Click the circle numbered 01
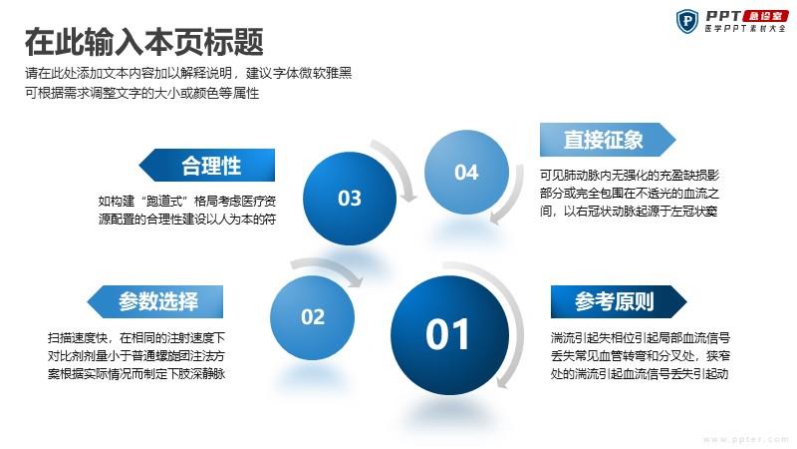pyautogui.click(x=450, y=335)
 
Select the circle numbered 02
pyautogui.click(x=312, y=317)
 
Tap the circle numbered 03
pyautogui.click(x=350, y=198)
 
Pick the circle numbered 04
pyautogui.click(x=466, y=172)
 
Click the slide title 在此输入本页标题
pyautogui.click(x=144, y=42)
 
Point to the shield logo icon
pyautogui.click(x=687, y=21)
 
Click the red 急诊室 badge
pyautogui.click(x=765, y=16)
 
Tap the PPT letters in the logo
pyautogui.click(x=723, y=16)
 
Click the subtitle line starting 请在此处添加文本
pyautogui.click(x=188, y=73)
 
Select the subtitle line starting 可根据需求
pyautogui.click(x=142, y=93)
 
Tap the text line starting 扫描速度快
pyautogui.click(x=136, y=338)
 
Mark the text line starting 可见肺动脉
pyautogui.click(x=630, y=176)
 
